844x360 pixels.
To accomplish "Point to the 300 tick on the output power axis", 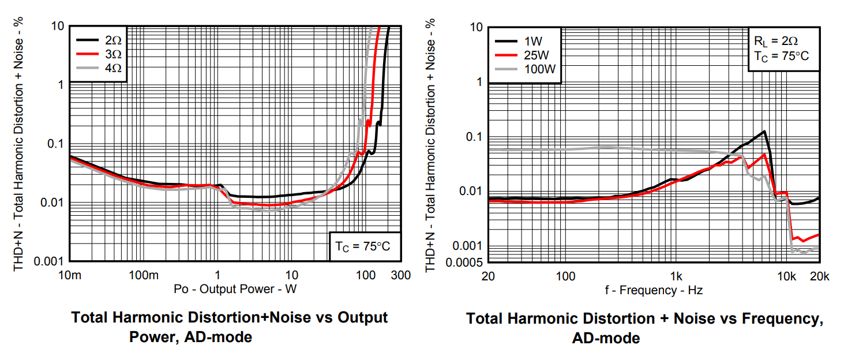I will (x=401, y=275).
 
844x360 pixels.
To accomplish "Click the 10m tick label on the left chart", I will (x=69, y=275).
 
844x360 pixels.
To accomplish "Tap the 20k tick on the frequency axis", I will (x=819, y=276).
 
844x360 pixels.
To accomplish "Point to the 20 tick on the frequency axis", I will (x=488, y=276).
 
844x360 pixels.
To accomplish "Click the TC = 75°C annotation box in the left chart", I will (x=363, y=246).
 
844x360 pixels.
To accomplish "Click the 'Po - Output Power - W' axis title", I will (x=235, y=289).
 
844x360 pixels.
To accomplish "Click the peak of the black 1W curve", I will (x=764, y=132).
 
